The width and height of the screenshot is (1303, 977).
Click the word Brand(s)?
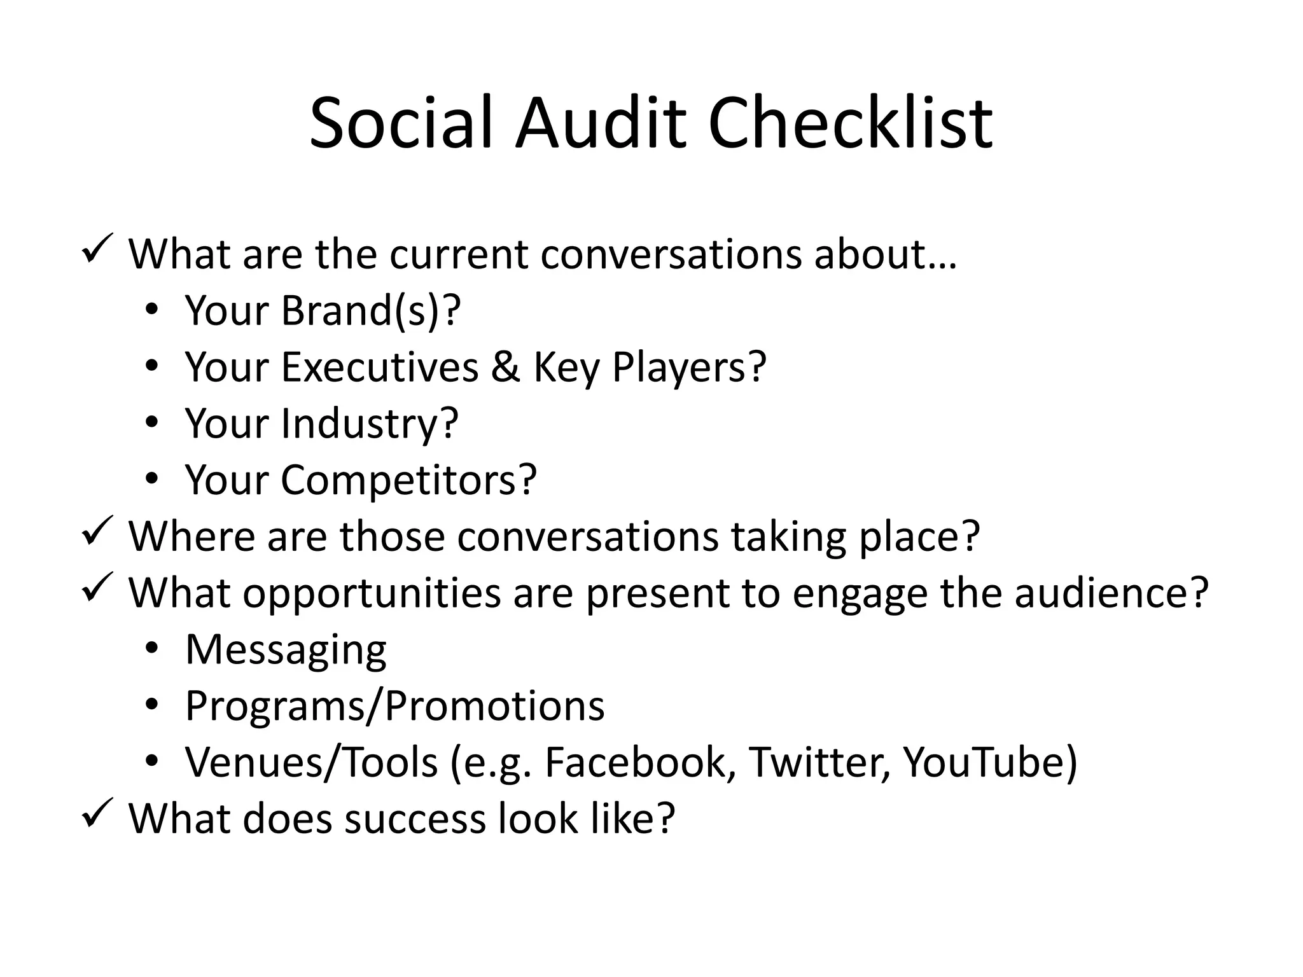pyautogui.click(x=371, y=311)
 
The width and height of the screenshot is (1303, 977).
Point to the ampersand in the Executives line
pyautogui.click(x=505, y=367)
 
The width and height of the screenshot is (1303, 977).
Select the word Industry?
pyautogui.click(x=370, y=424)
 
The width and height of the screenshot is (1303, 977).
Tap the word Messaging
pyautogui.click(x=286, y=649)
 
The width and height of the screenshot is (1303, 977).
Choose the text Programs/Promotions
pyautogui.click(x=394, y=705)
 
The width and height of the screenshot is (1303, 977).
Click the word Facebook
pyautogui.click(x=636, y=762)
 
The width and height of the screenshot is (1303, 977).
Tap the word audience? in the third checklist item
pyautogui.click(x=1111, y=593)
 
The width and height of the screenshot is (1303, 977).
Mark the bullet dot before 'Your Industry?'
pyautogui.click(x=151, y=422)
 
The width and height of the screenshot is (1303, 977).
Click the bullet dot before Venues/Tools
pyautogui.click(x=151, y=761)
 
